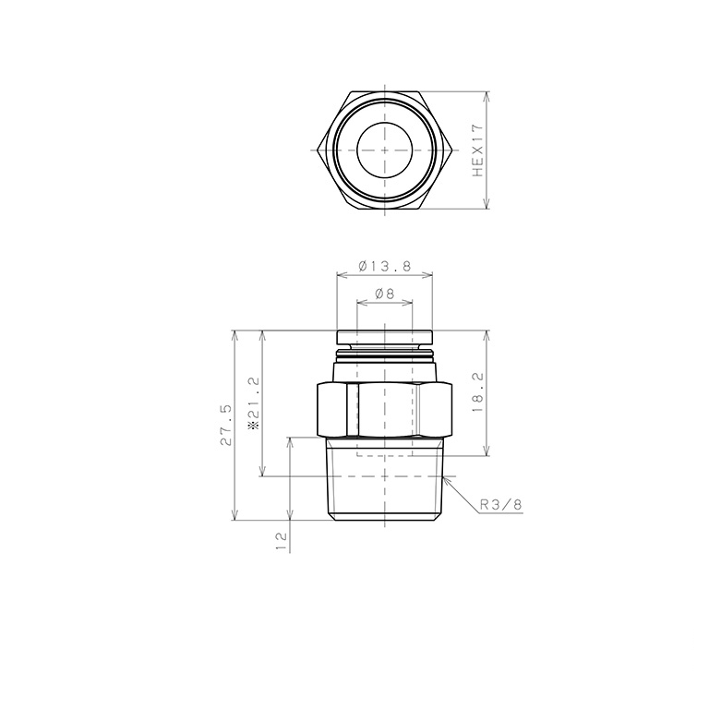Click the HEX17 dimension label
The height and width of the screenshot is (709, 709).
477,150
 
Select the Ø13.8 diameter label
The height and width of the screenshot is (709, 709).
384,266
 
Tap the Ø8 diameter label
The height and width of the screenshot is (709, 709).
384,294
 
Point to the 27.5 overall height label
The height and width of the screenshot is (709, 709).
226,425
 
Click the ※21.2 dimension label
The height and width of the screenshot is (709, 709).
255,403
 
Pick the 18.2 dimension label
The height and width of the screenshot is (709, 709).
477,392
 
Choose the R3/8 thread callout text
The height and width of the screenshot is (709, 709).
500,505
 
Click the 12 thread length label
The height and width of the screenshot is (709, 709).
282,541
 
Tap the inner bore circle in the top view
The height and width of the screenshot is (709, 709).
384,150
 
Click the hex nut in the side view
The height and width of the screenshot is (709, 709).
384,410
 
